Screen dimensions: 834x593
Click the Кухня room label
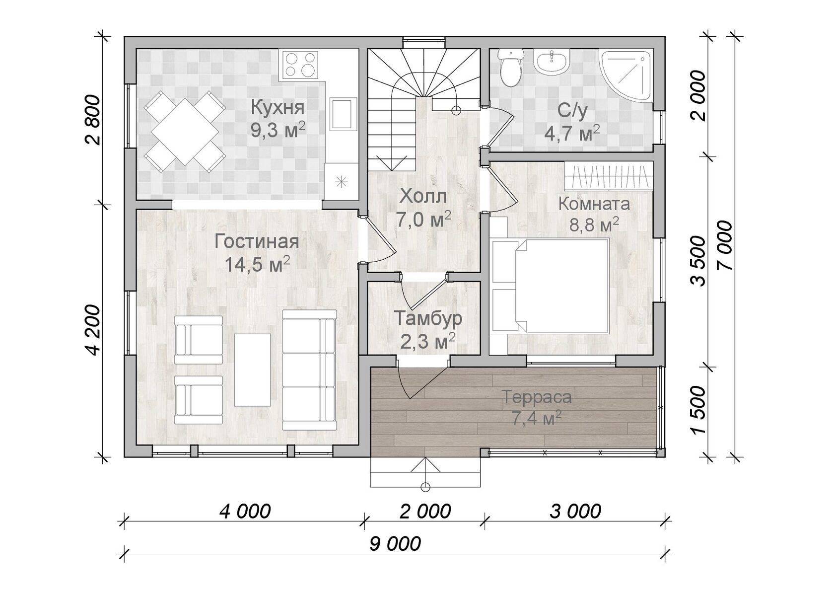pyautogui.click(x=278, y=107)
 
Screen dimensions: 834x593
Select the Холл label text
pyautogui.click(x=423, y=196)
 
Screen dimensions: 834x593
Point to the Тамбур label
pyautogui.click(x=428, y=318)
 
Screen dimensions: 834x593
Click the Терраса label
pyautogui.click(x=537, y=397)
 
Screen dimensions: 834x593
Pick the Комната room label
pyautogui.click(x=594, y=204)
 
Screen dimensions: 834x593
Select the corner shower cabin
pyautogui.click(x=626, y=76)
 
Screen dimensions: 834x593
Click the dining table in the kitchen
pyautogui.click(x=185, y=132)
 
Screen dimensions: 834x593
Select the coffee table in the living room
pyautogui.click(x=252, y=370)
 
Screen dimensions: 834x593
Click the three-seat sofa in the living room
pyautogui.click(x=309, y=370)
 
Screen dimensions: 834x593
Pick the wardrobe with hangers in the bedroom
pyautogui.click(x=609, y=176)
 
